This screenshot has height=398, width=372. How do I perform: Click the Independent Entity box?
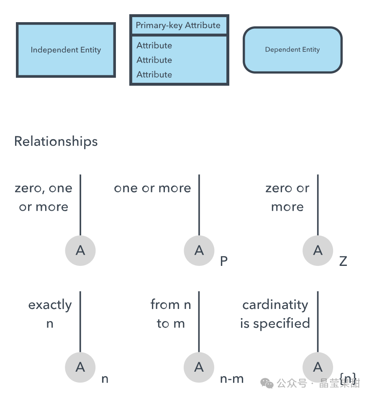(x=66, y=50)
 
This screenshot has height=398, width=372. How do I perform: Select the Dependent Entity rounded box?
(x=292, y=50)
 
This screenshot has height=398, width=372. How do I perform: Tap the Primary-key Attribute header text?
(x=178, y=25)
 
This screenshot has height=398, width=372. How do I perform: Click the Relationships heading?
(x=56, y=141)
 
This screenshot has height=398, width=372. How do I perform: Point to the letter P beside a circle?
(x=224, y=261)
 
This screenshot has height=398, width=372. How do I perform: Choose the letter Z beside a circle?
(x=343, y=261)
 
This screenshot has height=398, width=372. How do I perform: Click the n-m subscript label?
(x=232, y=379)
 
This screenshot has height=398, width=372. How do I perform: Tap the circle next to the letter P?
(x=199, y=250)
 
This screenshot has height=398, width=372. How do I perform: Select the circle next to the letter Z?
(x=318, y=250)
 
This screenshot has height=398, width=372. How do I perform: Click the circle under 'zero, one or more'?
(x=80, y=250)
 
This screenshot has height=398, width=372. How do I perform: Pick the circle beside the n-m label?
(x=199, y=367)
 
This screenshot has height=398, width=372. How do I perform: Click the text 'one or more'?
(x=152, y=188)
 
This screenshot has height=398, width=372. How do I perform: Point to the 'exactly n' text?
(x=50, y=314)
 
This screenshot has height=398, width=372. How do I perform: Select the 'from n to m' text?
(x=171, y=314)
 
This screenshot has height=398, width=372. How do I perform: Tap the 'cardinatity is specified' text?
(x=275, y=314)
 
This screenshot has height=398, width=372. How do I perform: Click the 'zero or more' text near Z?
(x=287, y=197)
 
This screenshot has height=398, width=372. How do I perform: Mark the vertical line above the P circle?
(x=199, y=205)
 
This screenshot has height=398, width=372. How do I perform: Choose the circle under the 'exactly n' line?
(x=80, y=367)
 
